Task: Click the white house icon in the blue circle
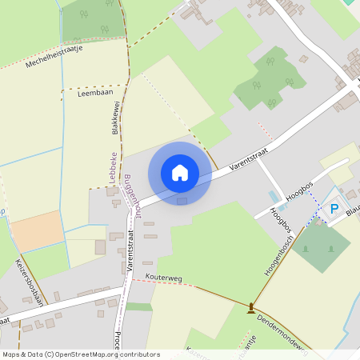(180, 172)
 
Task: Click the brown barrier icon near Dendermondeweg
(251, 306)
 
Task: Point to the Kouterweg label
(164, 278)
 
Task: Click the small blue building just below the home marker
(182, 201)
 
